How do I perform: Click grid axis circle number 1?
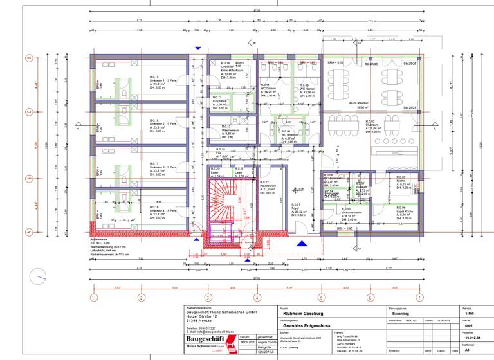[x=93, y=298]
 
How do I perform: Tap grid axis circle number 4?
[x=257, y=298]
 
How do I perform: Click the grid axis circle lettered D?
[x=28, y=57]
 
